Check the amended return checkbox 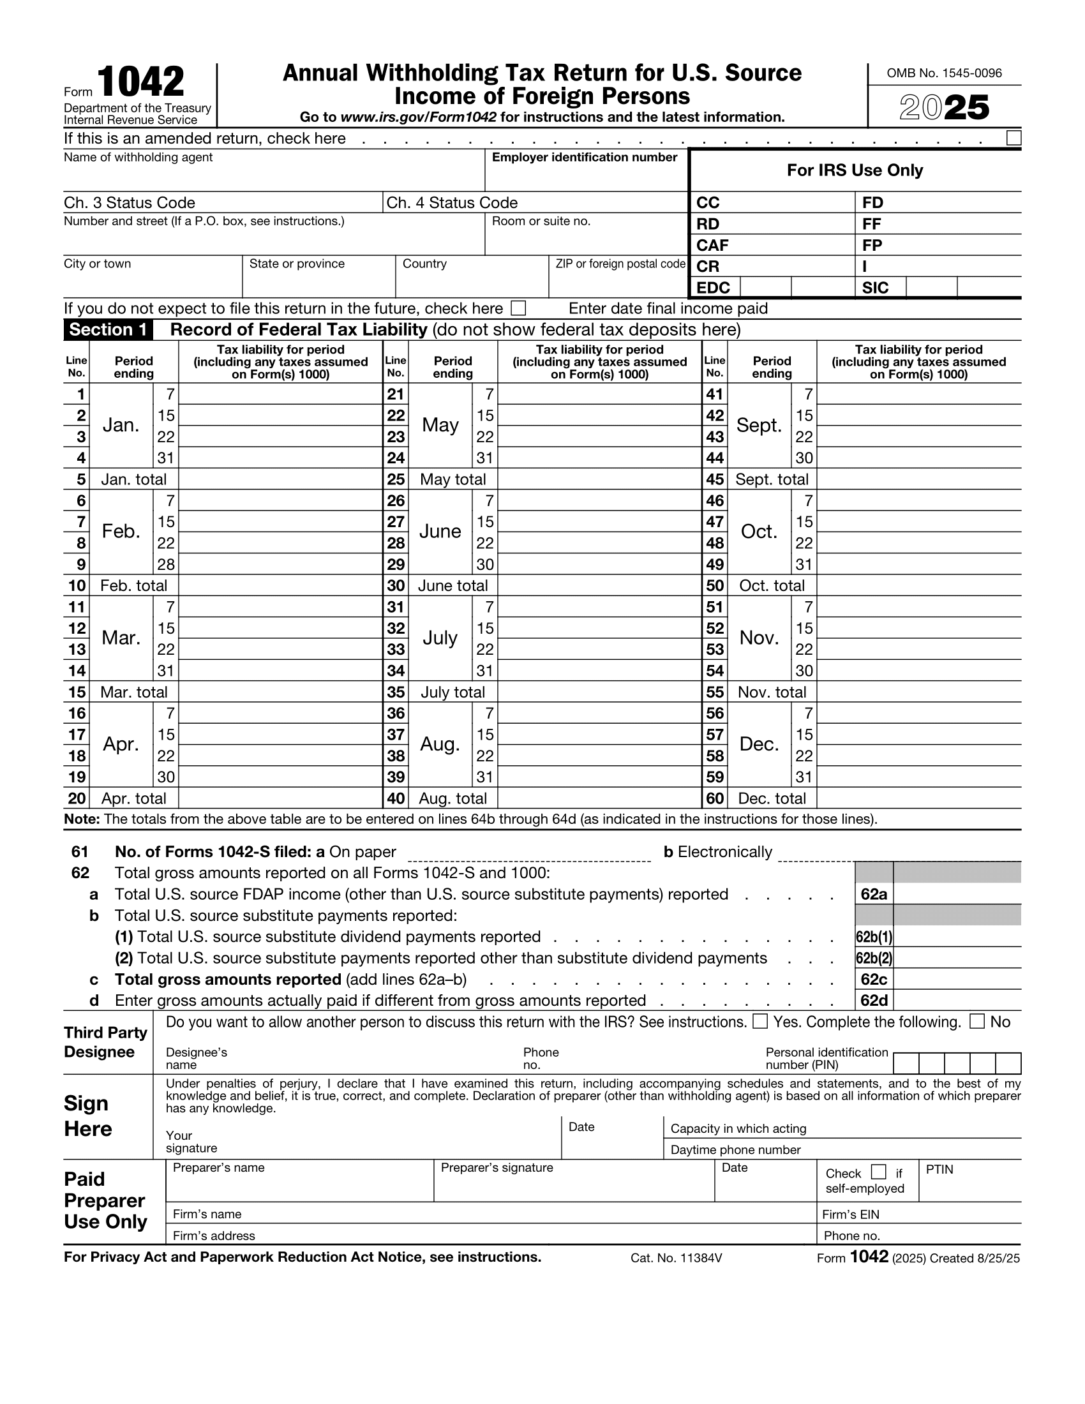pyautogui.click(x=1013, y=138)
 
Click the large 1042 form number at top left pyautogui.click(x=141, y=82)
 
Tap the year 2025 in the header pyautogui.click(x=943, y=107)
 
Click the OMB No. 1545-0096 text pyautogui.click(x=943, y=73)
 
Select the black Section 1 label pyautogui.click(x=108, y=330)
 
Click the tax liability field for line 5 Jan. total pyautogui.click(x=280, y=479)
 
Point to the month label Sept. pyautogui.click(x=759, y=425)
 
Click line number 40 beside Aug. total pyautogui.click(x=396, y=798)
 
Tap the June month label pyautogui.click(x=440, y=532)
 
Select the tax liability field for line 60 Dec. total pyautogui.click(x=918, y=798)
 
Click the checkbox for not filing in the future pyautogui.click(x=518, y=309)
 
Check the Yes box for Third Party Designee pyautogui.click(x=759, y=1022)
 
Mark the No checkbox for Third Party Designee pyautogui.click(x=976, y=1022)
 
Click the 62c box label pyautogui.click(x=874, y=979)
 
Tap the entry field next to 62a pyautogui.click(x=957, y=894)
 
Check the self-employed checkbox pyautogui.click(x=878, y=1172)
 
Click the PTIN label pyautogui.click(x=939, y=1170)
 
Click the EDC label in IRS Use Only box pyautogui.click(x=714, y=287)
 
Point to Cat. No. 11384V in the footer pyautogui.click(x=676, y=1258)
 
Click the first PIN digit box pyautogui.click(x=906, y=1063)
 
